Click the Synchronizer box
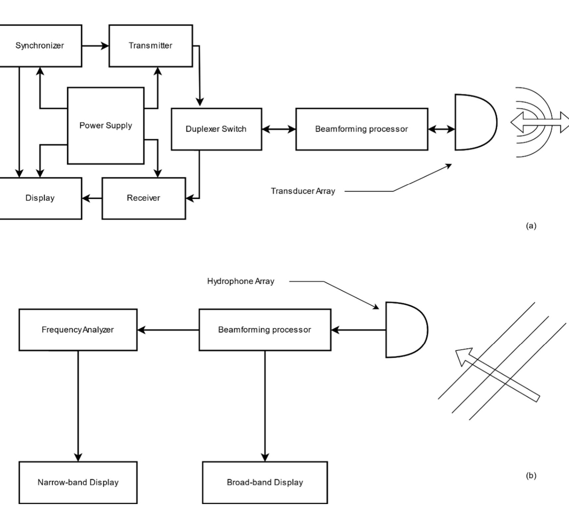coord(40,45)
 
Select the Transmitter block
coord(150,45)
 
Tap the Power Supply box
coord(105,125)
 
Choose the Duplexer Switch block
coord(216,129)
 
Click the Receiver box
coord(143,198)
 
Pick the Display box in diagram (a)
coord(40,198)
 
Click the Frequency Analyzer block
coord(78,329)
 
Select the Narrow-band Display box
coord(78,482)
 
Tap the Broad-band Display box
coord(265,482)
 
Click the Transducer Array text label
coord(303,191)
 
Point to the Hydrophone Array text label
coord(241,281)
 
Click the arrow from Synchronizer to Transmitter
coord(95,46)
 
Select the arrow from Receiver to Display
coord(92,198)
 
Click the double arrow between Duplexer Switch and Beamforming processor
coord(278,129)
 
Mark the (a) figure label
coord(531,226)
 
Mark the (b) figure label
coord(531,475)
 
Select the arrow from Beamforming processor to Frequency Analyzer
coord(168,330)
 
